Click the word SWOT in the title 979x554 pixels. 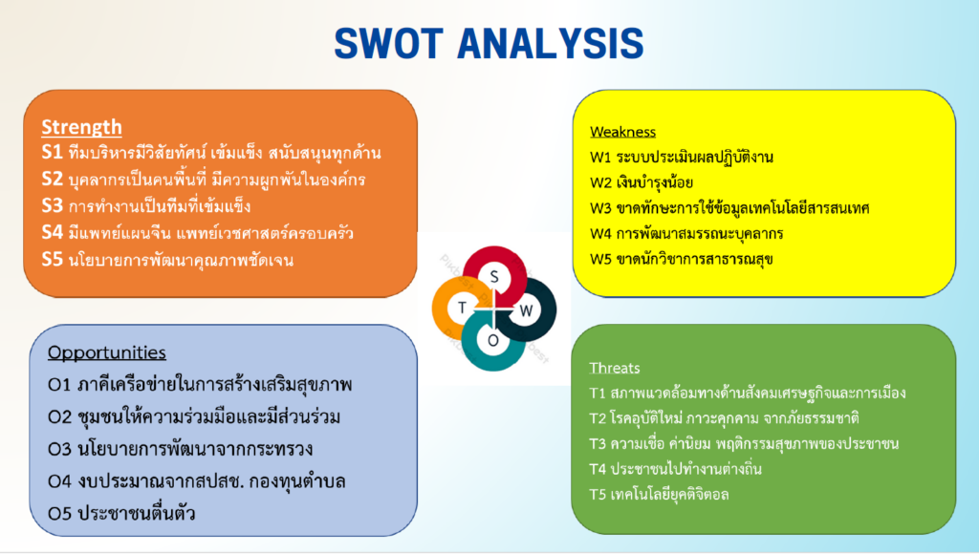pyautogui.click(x=388, y=44)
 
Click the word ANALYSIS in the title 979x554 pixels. pyautogui.click(x=552, y=44)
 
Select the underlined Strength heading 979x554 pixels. pyautogui.click(x=82, y=127)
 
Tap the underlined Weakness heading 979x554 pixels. pyautogui.click(x=623, y=132)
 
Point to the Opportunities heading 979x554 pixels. pyautogui.click(x=107, y=353)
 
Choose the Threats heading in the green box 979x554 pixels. pyautogui.click(x=615, y=368)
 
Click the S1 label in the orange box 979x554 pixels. pyautogui.click(x=52, y=152)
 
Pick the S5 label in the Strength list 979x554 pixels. pyautogui.click(x=52, y=259)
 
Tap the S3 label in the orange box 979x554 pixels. pyautogui.click(x=52, y=205)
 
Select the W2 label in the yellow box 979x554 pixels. pyautogui.click(x=600, y=182)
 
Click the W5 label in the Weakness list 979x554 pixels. pyautogui.click(x=600, y=259)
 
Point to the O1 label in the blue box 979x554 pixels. pyautogui.click(x=58, y=385)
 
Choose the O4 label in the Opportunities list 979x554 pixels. pyautogui.click(x=59, y=481)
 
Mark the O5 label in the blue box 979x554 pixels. pyautogui.click(x=59, y=514)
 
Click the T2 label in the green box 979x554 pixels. pyautogui.click(x=598, y=418)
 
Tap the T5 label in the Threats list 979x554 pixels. pyautogui.click(x=598, y=495)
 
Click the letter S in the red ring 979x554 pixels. pyautogui.click(x=494, y=277)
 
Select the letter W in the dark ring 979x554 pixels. pyautogui.click(x=527, y=310)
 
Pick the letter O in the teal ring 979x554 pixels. pyautogui.click(x=493, y=341)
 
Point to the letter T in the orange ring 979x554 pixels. pyautogui.click(x=462, y=308)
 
